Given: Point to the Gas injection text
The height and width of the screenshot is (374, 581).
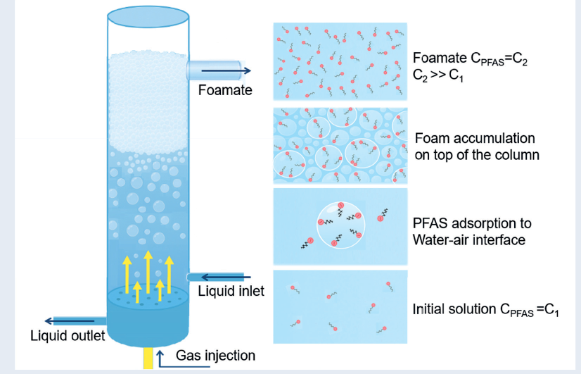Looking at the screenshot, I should click(x=215, y=355).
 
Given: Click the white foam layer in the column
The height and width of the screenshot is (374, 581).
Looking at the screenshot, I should click(x=148, y=99).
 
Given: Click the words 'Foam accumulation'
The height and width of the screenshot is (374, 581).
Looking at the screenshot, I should click(x=475, y=138).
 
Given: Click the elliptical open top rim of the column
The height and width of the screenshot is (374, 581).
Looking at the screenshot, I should click(x=148, y=14).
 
